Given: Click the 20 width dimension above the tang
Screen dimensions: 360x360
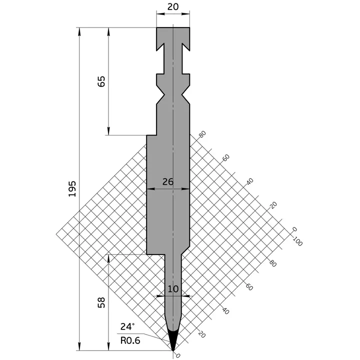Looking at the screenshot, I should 172,6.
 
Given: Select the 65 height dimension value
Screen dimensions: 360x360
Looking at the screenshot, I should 101,81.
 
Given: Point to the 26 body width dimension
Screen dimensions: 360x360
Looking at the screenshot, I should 168,182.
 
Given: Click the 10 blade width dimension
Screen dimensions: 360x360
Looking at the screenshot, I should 173,288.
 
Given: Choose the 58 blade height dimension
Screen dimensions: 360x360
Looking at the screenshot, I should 101,302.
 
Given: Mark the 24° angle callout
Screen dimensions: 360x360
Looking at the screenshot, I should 127,327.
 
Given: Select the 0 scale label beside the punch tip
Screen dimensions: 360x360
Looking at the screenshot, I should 178,355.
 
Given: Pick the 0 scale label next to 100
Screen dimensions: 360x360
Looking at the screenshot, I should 294,229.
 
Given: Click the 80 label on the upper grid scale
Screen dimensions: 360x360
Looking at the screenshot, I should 202,134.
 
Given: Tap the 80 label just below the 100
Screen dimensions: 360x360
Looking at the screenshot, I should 273,263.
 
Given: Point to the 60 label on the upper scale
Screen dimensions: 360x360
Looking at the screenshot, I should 226,157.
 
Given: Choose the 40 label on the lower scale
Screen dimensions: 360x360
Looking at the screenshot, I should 226,311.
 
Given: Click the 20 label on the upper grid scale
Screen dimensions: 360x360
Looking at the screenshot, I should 273,205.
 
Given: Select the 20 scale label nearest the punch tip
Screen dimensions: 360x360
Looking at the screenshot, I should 202,334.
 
